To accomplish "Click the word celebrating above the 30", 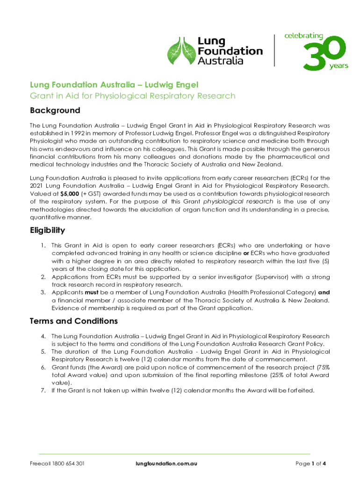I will coord(304,36).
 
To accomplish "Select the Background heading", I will coord(55,111).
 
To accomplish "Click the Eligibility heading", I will coord(47,231).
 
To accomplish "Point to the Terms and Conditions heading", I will coord(73,321).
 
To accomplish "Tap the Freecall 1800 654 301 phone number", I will coord(57,464).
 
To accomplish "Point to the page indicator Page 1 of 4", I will coord(310,464).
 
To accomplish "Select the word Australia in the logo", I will coord(220,61).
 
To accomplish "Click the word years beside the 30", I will coord(338,66).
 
